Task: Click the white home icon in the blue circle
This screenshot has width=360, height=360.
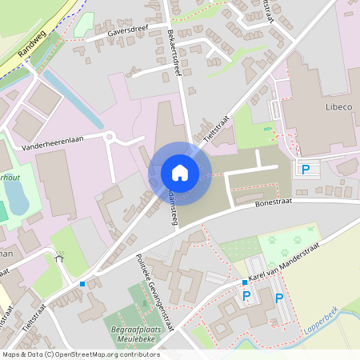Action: (179, 172)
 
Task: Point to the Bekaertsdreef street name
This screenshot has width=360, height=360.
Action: (178, 50)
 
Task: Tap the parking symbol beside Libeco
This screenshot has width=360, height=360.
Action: (305, 169)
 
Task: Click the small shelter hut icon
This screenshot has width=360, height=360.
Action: (58, 258)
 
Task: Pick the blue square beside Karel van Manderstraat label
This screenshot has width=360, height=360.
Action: (245, 282)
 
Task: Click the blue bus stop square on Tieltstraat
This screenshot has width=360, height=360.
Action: (82, 283)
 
